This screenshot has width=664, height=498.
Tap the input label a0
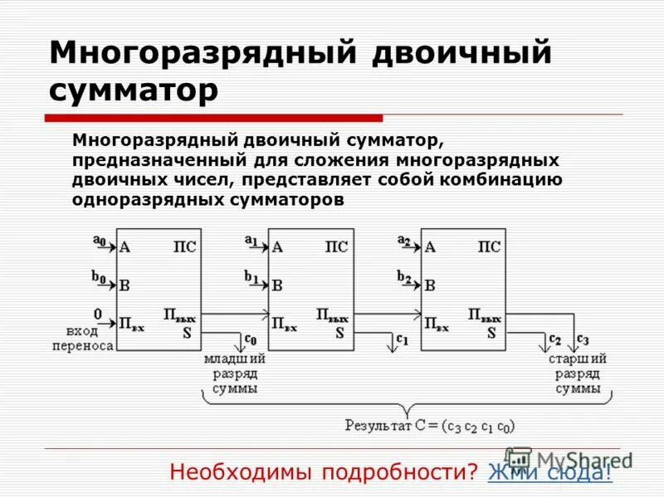99,242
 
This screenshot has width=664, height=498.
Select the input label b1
251,276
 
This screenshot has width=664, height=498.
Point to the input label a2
403,241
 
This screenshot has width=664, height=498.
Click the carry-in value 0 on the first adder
97,314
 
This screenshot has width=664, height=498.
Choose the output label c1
403,339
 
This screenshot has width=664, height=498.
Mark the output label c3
583,339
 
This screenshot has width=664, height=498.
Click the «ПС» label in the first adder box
184,247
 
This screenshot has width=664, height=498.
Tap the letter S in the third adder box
491,333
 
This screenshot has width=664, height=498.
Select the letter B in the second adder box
277,286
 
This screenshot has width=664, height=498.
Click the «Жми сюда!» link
549,472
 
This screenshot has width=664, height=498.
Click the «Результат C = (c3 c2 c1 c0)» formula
430,425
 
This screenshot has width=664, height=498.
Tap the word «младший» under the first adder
235,359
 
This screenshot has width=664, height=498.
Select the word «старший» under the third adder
578,359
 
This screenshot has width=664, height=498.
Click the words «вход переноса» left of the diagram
81,338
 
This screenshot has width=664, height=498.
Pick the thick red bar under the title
215,118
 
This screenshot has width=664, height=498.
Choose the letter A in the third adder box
430,247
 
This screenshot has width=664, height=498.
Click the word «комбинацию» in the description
504,179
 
